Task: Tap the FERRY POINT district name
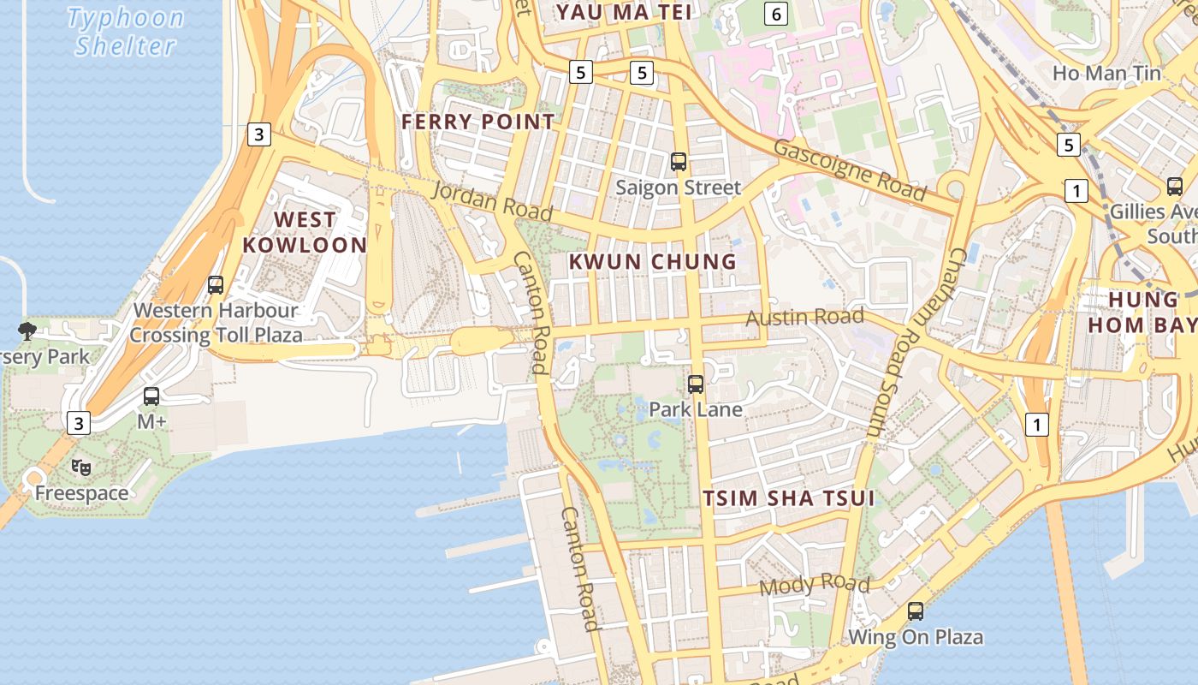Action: point(478,122)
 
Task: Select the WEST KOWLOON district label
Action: point(304,232)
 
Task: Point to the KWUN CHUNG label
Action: point(653,262)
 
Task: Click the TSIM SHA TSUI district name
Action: point(788,498)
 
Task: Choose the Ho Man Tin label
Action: point(1106,74)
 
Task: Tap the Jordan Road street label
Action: point(491,200)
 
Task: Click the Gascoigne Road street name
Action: point(849,170)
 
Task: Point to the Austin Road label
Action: point(804,318)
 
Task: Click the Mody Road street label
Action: point(814,586)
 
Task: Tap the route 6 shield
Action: point(776,14)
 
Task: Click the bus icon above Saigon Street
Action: point(679,161)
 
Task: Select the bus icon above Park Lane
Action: point(696,384)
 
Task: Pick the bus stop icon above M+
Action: point(151,396)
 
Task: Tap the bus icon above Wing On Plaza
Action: point(916,611)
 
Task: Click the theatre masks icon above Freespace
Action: point(81,468)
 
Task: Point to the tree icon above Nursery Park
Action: point(27,331)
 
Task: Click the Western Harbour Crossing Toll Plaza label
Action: point(216,322)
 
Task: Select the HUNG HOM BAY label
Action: point(1143,312)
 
